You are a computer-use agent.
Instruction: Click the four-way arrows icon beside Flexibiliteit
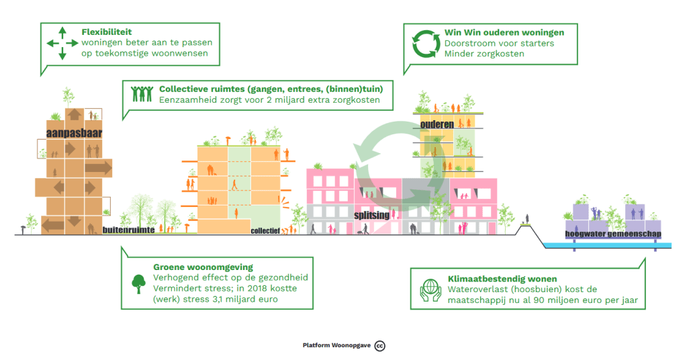pos(62,44)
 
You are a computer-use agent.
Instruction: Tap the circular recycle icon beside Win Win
pos(424,44)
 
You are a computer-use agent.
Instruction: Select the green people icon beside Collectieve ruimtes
pos(142,94)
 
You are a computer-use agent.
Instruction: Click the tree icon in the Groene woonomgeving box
pos(138,282)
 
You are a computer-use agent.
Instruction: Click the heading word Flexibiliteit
pos(107,32)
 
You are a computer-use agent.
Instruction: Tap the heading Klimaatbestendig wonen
pos(493,278)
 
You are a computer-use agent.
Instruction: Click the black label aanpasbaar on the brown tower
pos(74,133)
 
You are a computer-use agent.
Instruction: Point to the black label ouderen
pos(437,124)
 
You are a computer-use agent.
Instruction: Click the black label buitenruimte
pos(129,230)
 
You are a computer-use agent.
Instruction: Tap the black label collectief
pos(265,230)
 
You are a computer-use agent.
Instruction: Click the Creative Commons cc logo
pos(379,345)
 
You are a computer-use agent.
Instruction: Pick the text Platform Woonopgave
pos(336,345)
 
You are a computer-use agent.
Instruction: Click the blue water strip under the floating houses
pos(604,246)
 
